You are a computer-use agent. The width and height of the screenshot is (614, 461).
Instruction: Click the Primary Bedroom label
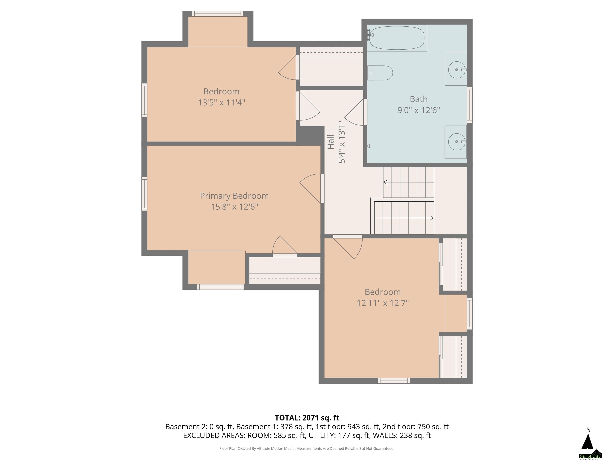(234, 196)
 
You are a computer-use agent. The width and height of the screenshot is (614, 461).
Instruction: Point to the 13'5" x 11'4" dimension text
(221, 102)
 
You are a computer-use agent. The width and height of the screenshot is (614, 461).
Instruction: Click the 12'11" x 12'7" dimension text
(383, 303)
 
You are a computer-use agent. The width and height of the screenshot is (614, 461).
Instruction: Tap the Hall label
(331, 142)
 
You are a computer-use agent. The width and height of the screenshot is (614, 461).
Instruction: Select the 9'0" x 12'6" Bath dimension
(419, 110)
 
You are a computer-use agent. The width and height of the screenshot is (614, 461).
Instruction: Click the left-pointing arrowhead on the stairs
(385, 182)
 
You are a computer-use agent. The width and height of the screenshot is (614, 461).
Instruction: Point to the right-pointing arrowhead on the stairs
(432, 218)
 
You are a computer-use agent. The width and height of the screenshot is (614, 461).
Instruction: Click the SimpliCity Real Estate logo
(590, 455)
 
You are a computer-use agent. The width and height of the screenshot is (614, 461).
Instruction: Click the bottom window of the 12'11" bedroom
(394, 381)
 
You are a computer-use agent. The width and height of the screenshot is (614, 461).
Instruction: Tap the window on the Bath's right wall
(470, 105)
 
